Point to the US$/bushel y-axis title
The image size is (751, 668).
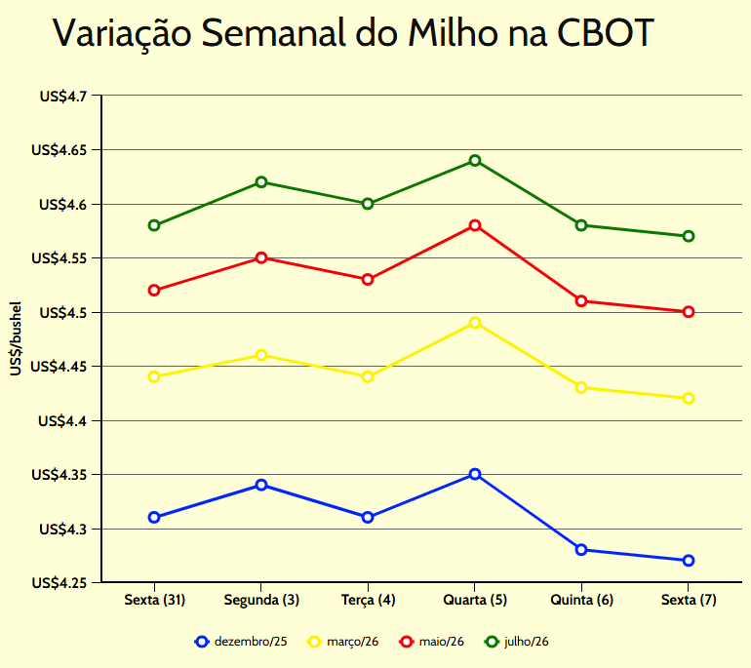16,339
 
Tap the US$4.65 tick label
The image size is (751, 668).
59,151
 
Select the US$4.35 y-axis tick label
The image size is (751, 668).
59,475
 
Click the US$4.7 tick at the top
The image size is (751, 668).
63,97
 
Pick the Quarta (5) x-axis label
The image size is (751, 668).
475,600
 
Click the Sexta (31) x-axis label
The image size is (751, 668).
154,600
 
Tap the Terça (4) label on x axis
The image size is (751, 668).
368,600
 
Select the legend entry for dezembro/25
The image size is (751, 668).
241,642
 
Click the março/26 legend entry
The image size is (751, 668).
343,642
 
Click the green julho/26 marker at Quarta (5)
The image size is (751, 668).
475,161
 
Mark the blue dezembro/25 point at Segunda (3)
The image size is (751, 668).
261,485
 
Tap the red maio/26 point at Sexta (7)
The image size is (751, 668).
689,312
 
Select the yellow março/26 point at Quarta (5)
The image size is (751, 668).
475,323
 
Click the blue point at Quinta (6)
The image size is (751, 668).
581,550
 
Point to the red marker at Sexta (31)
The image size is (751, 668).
154,291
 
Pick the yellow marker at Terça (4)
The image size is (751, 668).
368,376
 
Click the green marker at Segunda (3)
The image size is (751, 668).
261,182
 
